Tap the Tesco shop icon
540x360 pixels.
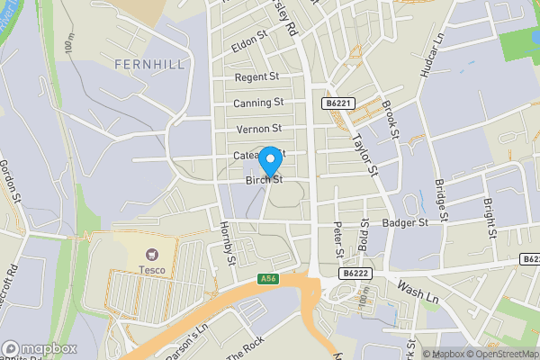click(x=152, y=256)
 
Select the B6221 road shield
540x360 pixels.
click(x=337, y=105)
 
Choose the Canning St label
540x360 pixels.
click(x=258, y=103)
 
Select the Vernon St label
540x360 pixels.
click(x=259, y=130)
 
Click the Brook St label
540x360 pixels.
click(x=390, y=118)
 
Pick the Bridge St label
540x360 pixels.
click(x=441, y=198)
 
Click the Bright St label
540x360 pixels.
click(x=490, y=218)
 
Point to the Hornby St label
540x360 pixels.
click(x=227, y=243)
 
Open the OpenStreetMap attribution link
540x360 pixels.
click(x=503, y=353)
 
